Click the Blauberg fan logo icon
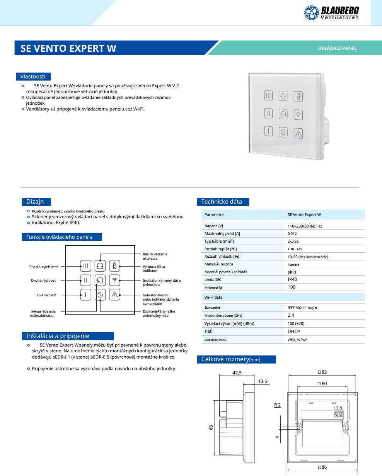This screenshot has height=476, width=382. pos(312,12)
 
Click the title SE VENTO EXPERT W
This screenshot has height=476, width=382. pos(68,48)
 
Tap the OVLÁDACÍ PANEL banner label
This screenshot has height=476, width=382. pos(337,48)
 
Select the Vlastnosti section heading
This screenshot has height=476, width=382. pos(33,76)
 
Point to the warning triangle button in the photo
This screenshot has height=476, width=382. pos(298,133)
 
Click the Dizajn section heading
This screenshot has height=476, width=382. pos(35,202)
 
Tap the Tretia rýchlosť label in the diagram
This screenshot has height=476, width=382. pos(44,267)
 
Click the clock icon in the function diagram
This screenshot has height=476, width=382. pos(100,295)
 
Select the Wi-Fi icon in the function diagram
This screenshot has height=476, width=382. pos(114,280)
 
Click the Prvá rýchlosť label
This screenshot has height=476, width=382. pos(46,295)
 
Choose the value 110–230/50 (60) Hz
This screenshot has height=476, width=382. pos(305,226)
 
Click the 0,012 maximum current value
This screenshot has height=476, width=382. pos(292,233)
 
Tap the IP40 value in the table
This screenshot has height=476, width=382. pos(292,279)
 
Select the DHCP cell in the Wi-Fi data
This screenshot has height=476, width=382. pos(294,331)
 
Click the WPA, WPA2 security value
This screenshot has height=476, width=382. pos(297,340)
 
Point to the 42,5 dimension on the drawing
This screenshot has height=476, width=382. pos(237,373)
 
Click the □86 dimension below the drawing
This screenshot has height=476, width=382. pos(322,467)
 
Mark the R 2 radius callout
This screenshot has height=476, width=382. pos(277,405)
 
